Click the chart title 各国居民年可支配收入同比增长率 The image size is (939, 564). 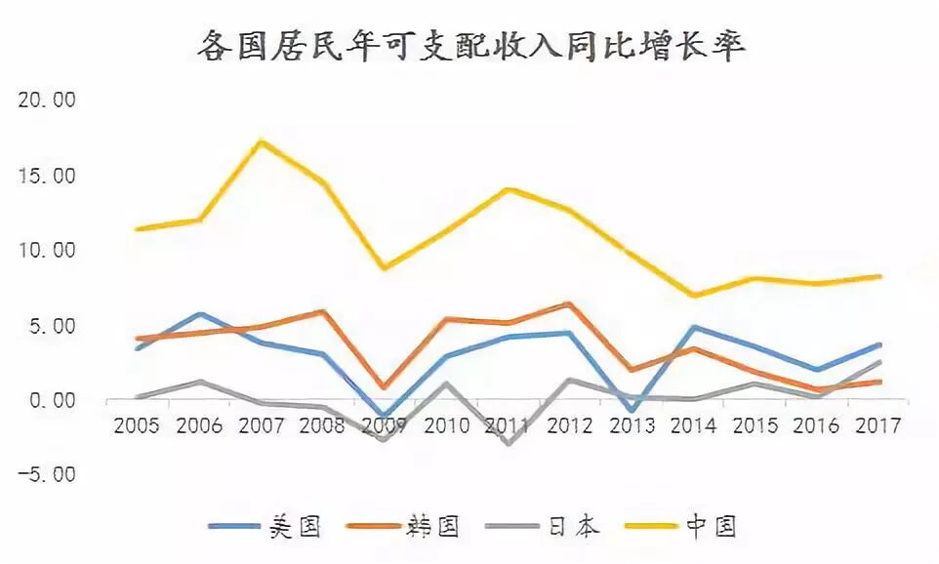coord(469,45)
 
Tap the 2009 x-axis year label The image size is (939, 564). coord(385,425)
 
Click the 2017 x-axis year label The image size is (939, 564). coord(876,425)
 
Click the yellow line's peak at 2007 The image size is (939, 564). coord(261,141)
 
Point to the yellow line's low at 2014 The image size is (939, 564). coord(692,295)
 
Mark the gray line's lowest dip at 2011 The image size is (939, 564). coord(508,444)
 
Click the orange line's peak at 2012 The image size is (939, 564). coord(569,303)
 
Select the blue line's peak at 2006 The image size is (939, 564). coord(200,314)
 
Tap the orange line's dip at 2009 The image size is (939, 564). coord(385,387)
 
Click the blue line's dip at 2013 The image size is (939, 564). coord(631,411)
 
